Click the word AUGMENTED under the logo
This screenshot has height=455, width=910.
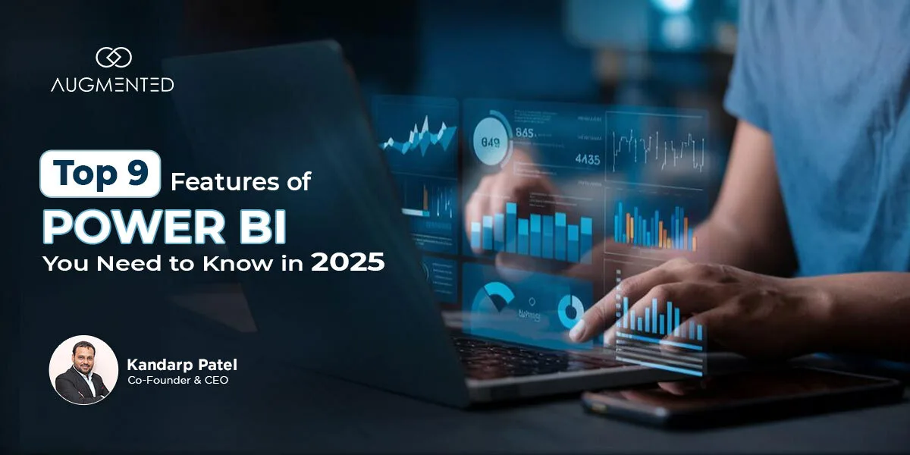click(112, 85)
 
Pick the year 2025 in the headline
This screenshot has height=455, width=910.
click(347, 263)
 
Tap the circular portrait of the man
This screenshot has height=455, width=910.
click(83, 370)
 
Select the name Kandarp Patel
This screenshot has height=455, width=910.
click(182, 366)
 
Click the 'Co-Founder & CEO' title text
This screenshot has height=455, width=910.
click(177, 381)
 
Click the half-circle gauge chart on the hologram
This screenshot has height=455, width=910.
click(493, 298)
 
